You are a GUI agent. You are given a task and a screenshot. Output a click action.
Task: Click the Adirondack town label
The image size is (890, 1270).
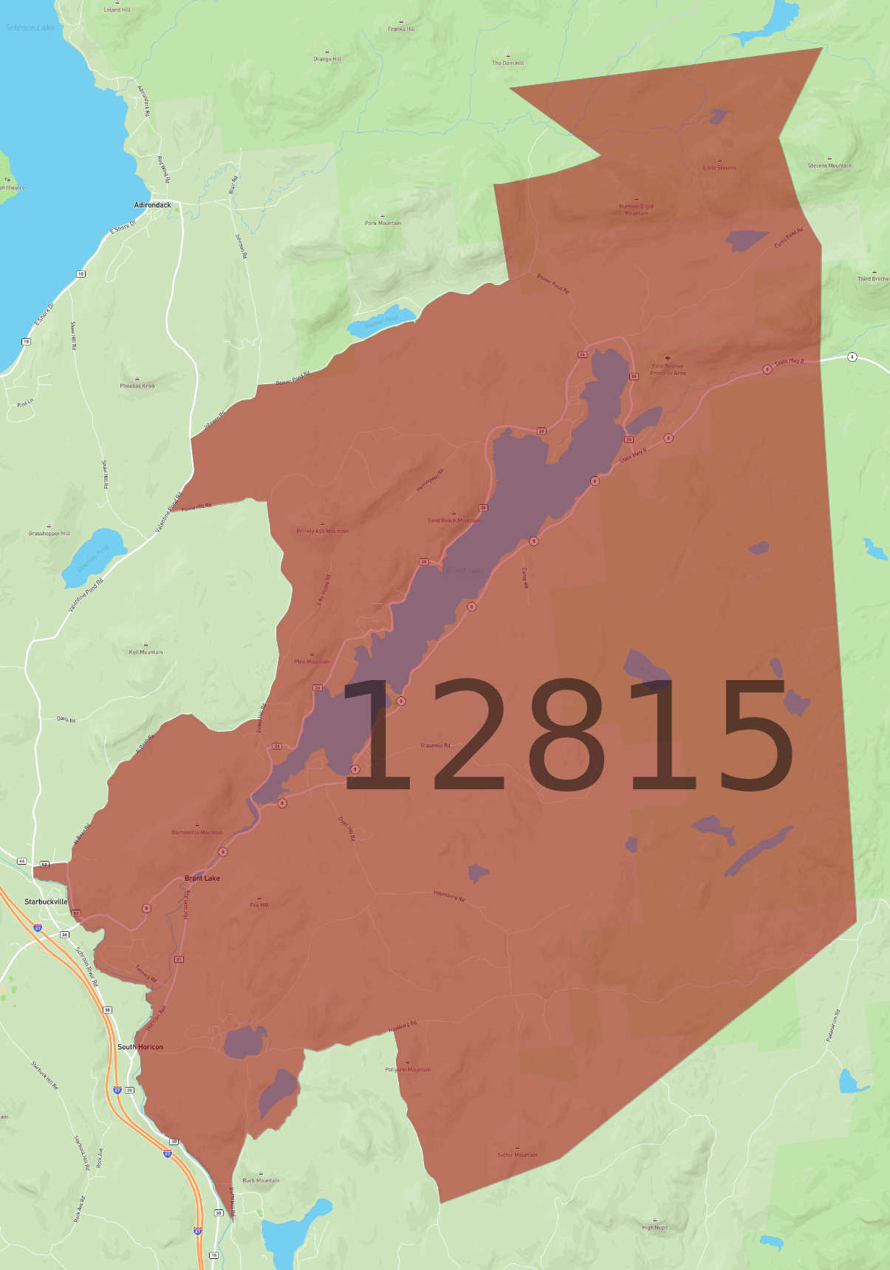[152, 205]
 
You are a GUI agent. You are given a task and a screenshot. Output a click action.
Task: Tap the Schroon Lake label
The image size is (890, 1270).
[30, 27]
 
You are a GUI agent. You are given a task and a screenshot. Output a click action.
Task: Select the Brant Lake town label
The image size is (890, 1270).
[202, 878]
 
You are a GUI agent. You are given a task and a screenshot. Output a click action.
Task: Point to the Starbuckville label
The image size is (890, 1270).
[46, 902]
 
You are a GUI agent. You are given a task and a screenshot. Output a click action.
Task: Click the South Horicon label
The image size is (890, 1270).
[140, 1047]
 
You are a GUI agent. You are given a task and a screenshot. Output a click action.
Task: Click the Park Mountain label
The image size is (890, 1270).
[383, 223]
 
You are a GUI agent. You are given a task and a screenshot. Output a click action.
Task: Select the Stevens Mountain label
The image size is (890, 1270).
[829, 165]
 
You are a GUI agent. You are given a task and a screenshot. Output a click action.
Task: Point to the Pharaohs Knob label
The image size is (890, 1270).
[137, 385]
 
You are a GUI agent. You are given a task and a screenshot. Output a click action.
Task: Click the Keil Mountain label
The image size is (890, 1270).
[146, 652]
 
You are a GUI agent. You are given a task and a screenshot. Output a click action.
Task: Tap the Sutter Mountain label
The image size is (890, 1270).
[517, 1155]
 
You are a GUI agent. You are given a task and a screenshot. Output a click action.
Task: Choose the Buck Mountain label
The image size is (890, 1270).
[261, 1180]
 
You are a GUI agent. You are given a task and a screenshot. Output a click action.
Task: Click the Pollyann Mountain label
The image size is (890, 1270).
[408, 1069]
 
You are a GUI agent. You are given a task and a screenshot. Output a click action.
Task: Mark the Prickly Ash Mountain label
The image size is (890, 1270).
[322, 531]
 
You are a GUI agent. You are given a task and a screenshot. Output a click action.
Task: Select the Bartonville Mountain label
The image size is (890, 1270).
[197, 832]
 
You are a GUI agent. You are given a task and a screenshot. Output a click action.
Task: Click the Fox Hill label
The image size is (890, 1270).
[259, 905]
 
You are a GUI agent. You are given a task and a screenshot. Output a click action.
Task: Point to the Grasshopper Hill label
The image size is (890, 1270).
[49, 533]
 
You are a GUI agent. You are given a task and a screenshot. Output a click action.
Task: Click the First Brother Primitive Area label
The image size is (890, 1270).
[668, 369]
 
